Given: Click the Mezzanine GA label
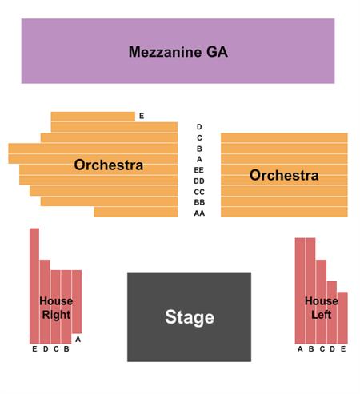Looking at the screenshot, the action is [x=178, y=52].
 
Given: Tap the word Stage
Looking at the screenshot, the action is [x=190, y=317].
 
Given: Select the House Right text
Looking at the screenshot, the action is [x=56, y=308].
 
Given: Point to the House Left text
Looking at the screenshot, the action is [x=322, y=308].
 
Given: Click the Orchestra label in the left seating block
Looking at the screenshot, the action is [x=109, y=165].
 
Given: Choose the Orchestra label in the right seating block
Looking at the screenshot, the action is [x=284, y=175].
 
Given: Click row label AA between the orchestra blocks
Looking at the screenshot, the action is [x=199, y=213].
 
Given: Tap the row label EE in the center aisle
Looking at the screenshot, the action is [x=199, y=170].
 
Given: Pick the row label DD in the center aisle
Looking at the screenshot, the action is [x=199, y=181].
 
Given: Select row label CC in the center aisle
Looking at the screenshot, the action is [x=199, y=192].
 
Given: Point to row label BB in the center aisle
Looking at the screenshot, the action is [x=199, y=202].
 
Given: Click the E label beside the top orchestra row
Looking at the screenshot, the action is [x=142, y=116].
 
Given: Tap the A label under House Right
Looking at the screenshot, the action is [x=78, y=340].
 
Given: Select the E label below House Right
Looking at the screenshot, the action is [x=34, y=348].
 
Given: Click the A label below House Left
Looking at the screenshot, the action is [x=300, y=348].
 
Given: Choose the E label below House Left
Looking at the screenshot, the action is [x=343, y=348].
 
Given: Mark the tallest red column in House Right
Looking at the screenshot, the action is [x=34, y=286].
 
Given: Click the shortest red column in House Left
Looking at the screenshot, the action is [x=342, y=318].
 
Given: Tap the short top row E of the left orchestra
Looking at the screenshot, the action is [x=93, y=117].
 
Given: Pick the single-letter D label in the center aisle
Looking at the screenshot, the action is [x=199, y=127].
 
